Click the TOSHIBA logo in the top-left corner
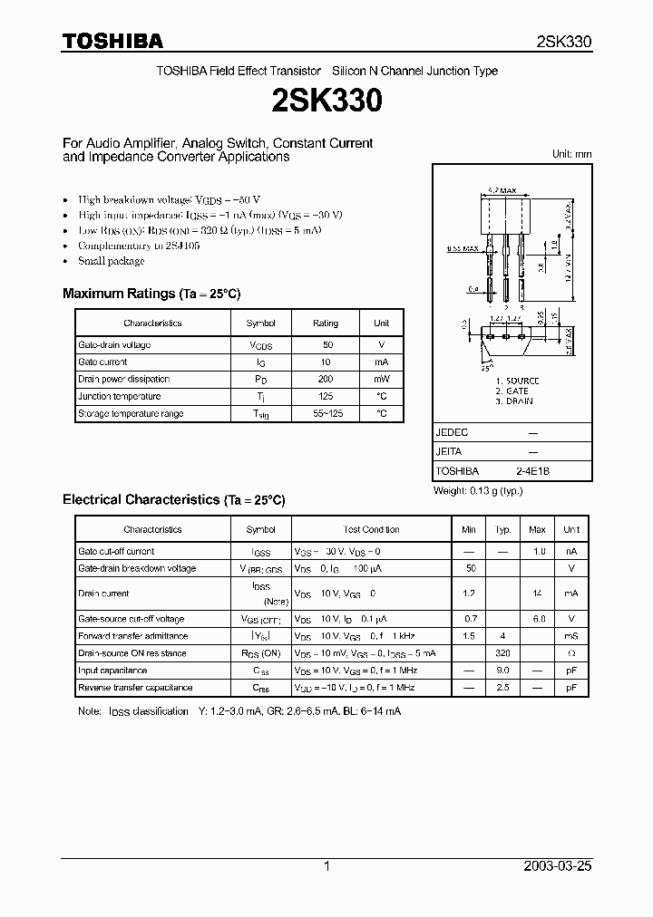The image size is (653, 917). coord(112,41)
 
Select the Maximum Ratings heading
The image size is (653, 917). coord(151,294)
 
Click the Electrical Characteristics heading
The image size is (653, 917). coord(173,499)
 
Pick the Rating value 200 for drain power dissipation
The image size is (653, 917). coord(326,379)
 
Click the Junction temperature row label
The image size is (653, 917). coord(120,396)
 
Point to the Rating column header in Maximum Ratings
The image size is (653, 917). coord(326,323)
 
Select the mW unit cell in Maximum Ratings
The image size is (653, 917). coord(381,379)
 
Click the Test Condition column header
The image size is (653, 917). coord(371,529)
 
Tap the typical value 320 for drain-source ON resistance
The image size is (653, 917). coord(502,653)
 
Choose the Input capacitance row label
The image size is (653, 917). coord(112,671)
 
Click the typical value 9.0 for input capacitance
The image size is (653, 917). coord(502,671)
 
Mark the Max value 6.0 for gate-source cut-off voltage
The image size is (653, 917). coord(537,619)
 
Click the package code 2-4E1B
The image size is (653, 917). coord(532,471)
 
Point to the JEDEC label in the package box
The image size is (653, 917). coord(452,433)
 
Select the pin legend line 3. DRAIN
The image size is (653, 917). coord(513,401)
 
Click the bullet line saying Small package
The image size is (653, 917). coord(111,261)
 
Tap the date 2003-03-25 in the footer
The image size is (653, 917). coord(558,866)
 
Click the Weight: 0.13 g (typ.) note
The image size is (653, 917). coord(478,490)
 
